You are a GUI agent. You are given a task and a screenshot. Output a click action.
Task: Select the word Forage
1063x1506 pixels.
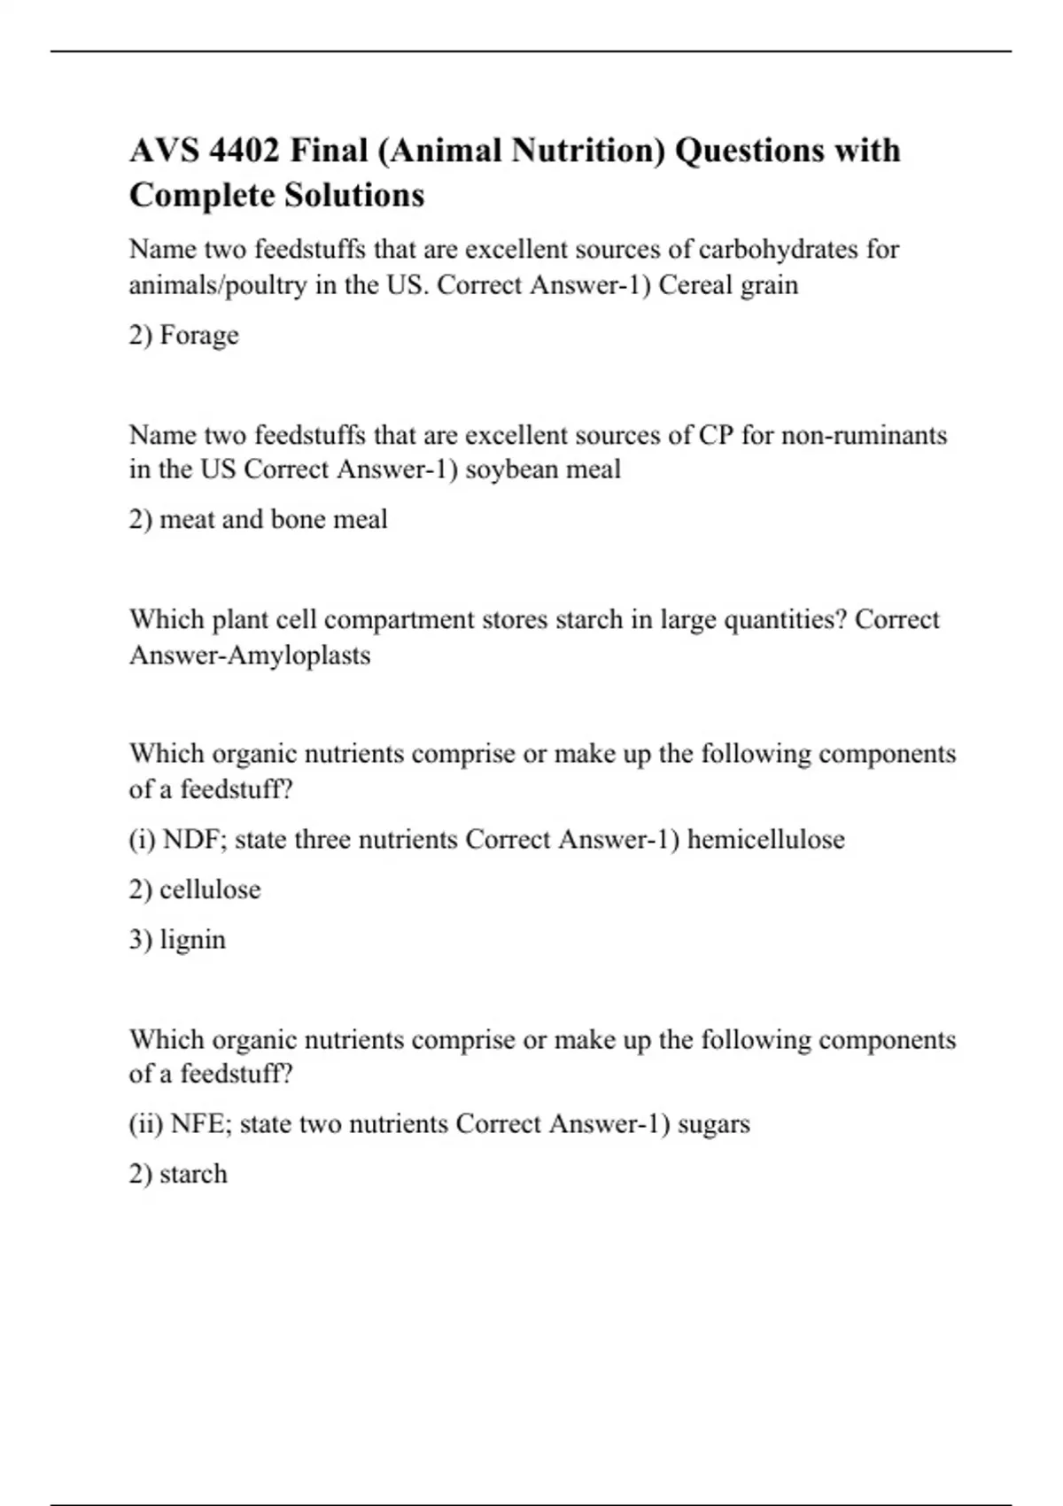point(199,335)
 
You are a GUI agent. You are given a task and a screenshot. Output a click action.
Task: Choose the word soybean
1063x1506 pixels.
point(512,469)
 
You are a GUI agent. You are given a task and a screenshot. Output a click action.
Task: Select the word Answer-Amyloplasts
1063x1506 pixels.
point(250,656)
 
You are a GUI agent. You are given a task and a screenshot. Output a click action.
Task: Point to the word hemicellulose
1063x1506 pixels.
point(766,839)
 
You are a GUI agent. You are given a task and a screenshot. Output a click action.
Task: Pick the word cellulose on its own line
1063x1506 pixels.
point(210,889)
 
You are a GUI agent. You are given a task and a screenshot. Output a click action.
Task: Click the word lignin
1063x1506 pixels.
point(192,939)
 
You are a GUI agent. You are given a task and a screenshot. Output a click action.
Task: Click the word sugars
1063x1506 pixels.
point(713,1124)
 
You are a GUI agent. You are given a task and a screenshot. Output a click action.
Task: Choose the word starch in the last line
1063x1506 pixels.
point(193,1174)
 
